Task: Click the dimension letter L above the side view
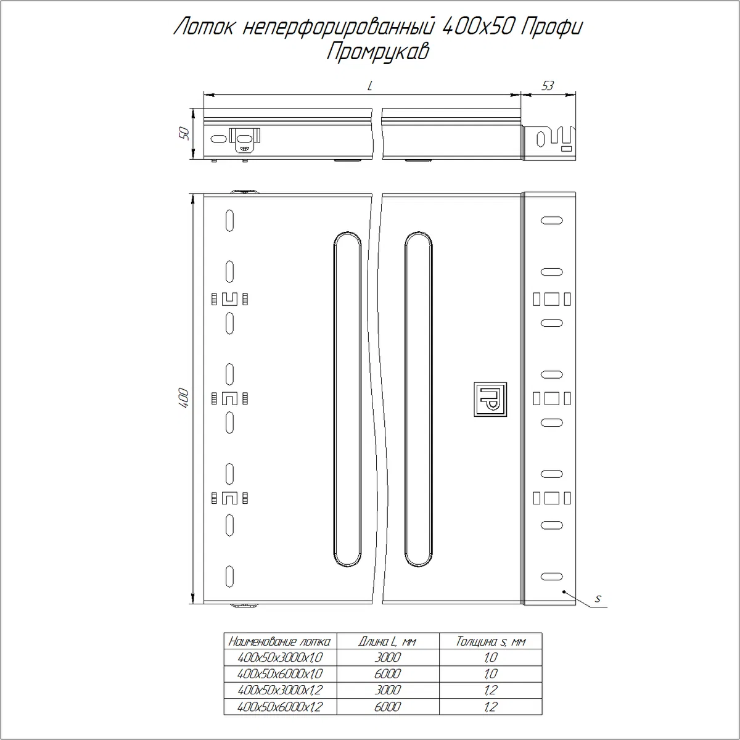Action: coord(370,86)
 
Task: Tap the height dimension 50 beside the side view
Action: coord(185,133)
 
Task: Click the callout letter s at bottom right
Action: coord(598,599)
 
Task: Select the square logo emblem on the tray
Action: coord(490,400)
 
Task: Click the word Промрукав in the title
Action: coord(378,52)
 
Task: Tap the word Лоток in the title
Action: coord(203,27)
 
